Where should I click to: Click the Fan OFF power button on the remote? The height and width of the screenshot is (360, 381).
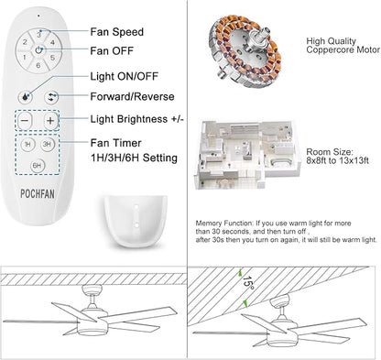click(38, 52)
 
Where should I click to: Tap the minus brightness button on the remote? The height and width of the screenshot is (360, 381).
click(26, 119)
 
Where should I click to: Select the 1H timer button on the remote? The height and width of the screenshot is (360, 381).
click(27, 146)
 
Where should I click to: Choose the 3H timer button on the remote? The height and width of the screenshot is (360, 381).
click(49, 146)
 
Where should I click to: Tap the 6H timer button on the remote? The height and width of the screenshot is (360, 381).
click(38, 166)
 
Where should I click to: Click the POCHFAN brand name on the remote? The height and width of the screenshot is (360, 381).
click(38, 191)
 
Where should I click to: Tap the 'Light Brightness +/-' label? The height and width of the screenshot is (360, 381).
click(142, 118)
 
